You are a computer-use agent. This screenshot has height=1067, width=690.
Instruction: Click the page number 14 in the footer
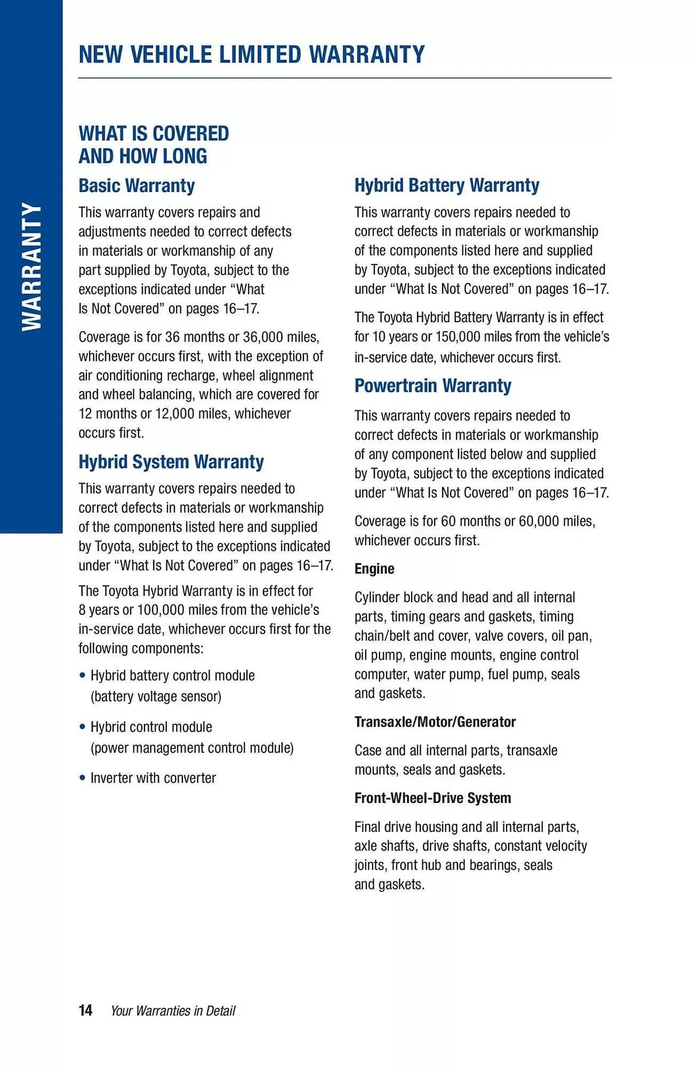(85, 1010)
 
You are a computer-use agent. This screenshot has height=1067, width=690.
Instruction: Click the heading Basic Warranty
(137, 186)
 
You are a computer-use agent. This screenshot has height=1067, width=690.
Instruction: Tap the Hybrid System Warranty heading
(171, 461)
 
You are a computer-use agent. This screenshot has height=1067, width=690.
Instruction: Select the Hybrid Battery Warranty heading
(447, 185)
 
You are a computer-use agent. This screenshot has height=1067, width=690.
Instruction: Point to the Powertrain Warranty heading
(432, 385)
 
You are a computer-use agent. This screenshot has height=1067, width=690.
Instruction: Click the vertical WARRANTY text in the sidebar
(31, 267)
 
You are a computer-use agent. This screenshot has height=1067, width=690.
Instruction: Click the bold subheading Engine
(374, 569)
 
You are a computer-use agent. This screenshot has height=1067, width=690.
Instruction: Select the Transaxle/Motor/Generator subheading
(435, 722)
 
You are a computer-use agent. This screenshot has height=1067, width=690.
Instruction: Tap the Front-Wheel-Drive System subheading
(432, 798)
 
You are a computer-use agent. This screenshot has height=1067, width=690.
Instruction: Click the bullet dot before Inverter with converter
(82, 778)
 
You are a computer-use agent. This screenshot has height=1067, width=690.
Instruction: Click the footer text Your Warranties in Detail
(173, 1010)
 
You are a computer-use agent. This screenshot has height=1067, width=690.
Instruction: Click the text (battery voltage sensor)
(156, 696)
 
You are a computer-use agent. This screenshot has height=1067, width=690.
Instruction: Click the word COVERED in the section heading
(191, 133)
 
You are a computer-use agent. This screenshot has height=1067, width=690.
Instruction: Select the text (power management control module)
(192, 748)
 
